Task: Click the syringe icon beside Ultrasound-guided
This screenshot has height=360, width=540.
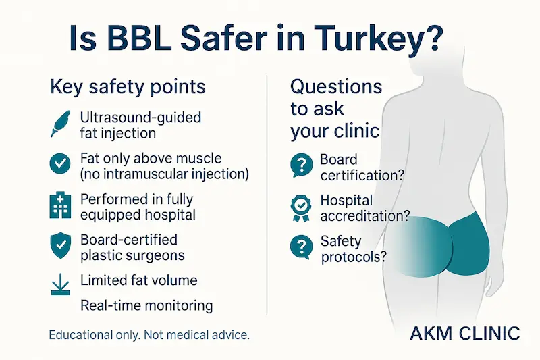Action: pyautogui.click(x=61, y=124)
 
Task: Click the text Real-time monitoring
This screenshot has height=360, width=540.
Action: pyautogui.click(x=146, y=305)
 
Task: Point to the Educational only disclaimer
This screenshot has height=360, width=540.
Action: pyautogui.click(x=149, y=335)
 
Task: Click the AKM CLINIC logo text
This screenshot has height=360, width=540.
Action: pyautogui.click(x=465, y=334)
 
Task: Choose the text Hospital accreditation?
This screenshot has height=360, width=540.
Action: pyautogui.click(x=364, y=208)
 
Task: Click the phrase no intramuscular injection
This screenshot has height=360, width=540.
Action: pyautogui.click(x=164, y=174)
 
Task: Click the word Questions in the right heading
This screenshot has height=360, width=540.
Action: pyautogui.click(x=336, y=86)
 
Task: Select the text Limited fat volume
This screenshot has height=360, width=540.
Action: pyautogui.click(x=138, y=280)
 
